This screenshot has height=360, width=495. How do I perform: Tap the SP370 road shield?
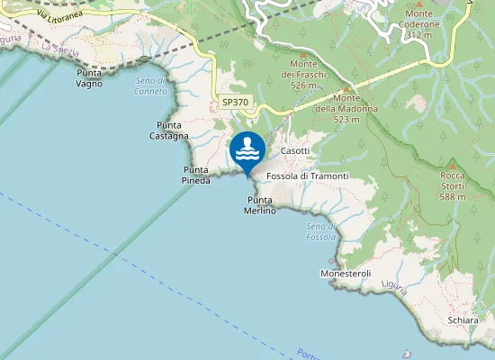coord(235,103)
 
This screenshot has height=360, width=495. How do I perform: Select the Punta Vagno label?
coord(89,78)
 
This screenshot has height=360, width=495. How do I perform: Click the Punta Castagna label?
coord(169,130)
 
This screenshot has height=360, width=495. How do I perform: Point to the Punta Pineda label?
coord(197,175)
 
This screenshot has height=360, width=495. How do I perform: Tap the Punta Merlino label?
coord(259,205)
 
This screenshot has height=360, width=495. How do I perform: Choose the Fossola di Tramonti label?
coord(307,175)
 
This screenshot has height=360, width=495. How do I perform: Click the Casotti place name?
coord(295,150)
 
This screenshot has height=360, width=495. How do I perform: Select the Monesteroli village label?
coord(346,273)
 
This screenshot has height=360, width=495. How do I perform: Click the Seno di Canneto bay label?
coord(149,85)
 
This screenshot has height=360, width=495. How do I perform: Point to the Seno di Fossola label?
coord(320,230)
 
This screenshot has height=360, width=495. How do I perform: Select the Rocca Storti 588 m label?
coord(453,185)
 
